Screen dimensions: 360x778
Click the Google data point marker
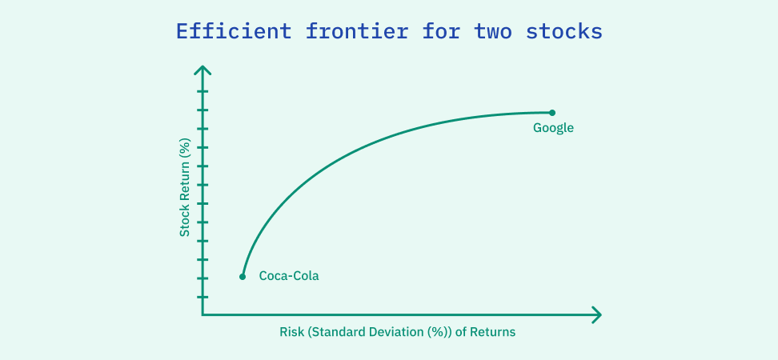click(551, 113)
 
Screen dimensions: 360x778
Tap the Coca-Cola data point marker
click(243, 277)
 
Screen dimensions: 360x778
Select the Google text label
click(554, 128)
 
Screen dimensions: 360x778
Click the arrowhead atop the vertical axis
click(203, 71)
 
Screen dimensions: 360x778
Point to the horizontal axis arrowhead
click(596, 314)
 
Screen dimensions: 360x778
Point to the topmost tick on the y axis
click(203, 91)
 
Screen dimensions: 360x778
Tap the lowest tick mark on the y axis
click(203, 297)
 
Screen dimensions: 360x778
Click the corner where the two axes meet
click(203, 314)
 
